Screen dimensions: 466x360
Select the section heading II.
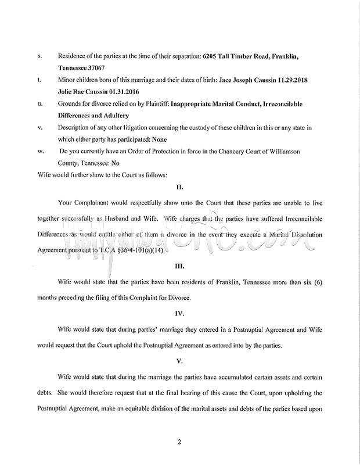coord(180,188)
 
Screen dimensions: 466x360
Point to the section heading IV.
coord(180,314)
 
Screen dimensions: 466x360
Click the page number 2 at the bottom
coord(180,442)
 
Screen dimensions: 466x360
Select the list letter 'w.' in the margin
coord(40,152)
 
